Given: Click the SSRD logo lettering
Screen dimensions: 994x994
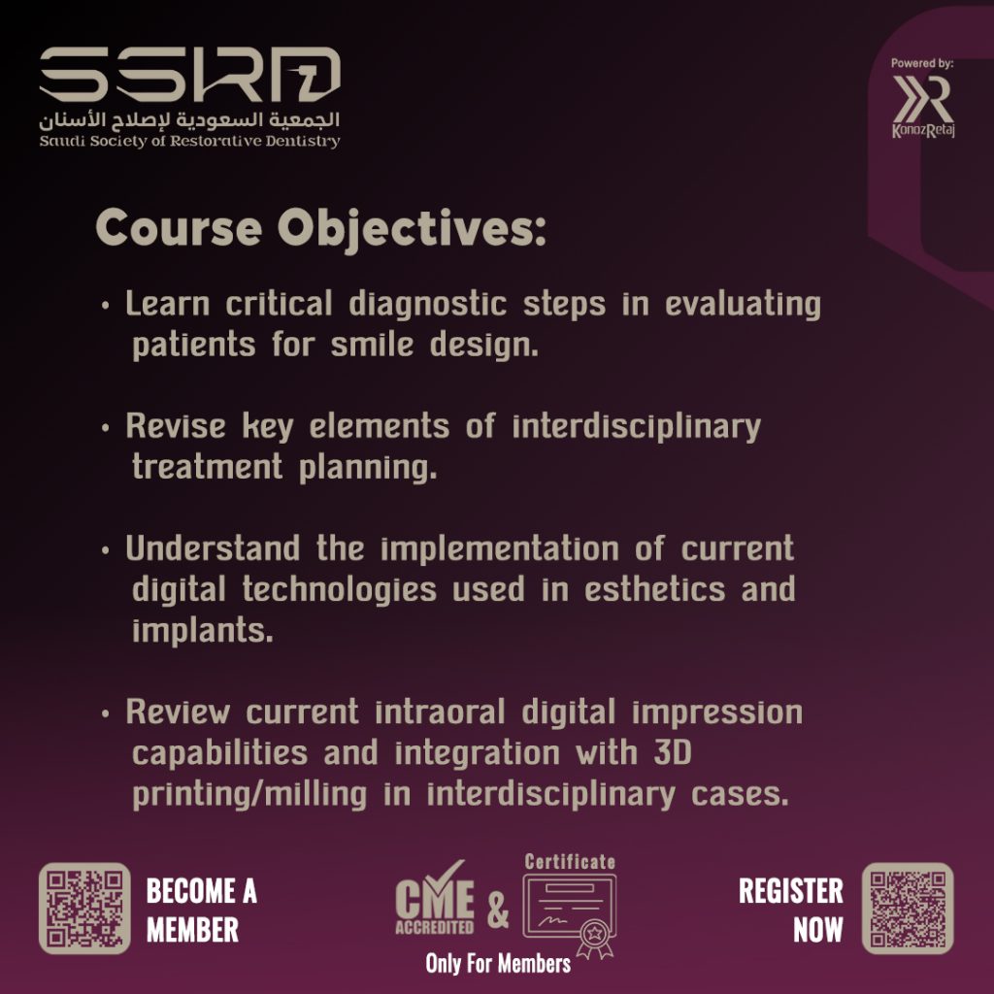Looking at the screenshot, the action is [x=189, y=74].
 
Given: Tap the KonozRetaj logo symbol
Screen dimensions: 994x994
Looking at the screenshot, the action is [x=923, y=100].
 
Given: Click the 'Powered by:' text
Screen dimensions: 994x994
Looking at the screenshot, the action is [x=922, y=63].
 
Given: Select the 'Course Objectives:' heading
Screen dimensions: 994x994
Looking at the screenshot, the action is [x=320, y=228].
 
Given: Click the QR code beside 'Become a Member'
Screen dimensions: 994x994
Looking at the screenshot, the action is [x=85, y=908].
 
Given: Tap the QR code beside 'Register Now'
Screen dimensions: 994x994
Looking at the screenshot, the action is [x=908, y=908].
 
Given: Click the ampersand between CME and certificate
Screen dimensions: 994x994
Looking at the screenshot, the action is [x=498, y=909].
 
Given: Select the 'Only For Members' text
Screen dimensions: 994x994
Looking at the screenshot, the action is [x=498, y=964].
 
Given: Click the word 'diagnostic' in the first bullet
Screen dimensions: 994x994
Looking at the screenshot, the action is [x=427, y=304].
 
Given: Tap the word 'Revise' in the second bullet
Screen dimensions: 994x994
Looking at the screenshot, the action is [x=176, y=425].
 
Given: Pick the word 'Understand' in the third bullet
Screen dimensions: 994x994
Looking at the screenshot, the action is [x=213, y=547].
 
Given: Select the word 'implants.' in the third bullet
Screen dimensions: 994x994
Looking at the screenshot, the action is [x=203, y=631].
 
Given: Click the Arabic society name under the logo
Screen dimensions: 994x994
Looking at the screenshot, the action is [x=189, y=119].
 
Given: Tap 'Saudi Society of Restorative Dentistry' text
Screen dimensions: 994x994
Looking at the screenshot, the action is [x=189, y=142].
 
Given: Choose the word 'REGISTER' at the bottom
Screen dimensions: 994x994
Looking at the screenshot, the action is [x=791, y=891].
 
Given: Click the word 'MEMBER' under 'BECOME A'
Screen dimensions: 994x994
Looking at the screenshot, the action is [x=193, y=930].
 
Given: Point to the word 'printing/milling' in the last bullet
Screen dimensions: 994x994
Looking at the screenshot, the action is [x=249, y=794].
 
